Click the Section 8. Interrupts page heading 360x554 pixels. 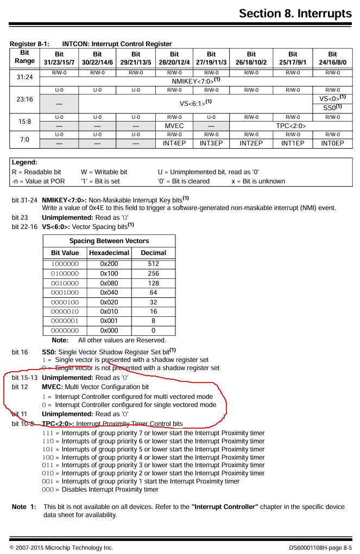click(x=295, y=13)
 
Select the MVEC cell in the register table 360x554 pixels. click(x=174, y=126)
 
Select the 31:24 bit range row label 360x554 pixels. click(x=25, y=77)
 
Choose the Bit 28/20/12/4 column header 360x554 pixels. click(x=174, y=58)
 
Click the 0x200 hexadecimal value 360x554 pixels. click(x=109, y=264)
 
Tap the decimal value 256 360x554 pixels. click(x=153, y=273)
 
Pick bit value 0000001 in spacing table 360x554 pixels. click(x=65, y=321)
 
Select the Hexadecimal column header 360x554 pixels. click(x=109, y=253)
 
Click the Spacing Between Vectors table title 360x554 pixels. click(x=109, y=241)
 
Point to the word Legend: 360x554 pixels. click(x=24, y=162)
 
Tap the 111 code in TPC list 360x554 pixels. click(x=47, y=433)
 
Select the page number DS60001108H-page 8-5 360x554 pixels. click(x=320, y=547)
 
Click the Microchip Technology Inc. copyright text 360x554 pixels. click(x=61, y=547)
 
